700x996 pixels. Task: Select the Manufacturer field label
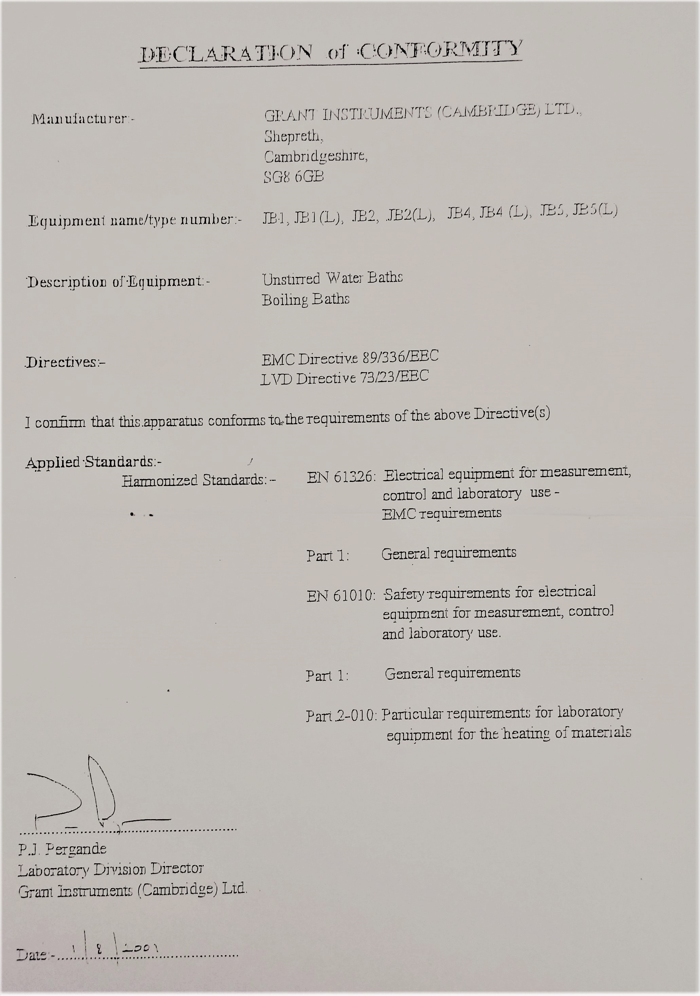click(82, 118)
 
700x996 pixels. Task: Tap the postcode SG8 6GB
click(294, 176)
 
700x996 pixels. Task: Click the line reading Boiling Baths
click(306, 299)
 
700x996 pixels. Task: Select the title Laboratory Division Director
click(111, 869)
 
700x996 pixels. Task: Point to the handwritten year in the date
click(140, 948)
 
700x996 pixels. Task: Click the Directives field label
click(65, 362)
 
